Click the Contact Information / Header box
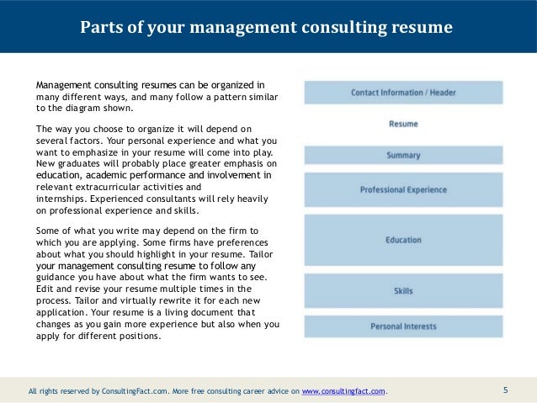point(402,92)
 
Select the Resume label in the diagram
point(402,124)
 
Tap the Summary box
point(402,155)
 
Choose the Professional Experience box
point(402,189)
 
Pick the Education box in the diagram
point(402,240)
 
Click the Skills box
point(402,291)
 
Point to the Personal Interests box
point(402,326)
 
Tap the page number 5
point(506,390)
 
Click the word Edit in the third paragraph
point(45,289)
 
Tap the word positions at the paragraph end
point(138,336)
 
